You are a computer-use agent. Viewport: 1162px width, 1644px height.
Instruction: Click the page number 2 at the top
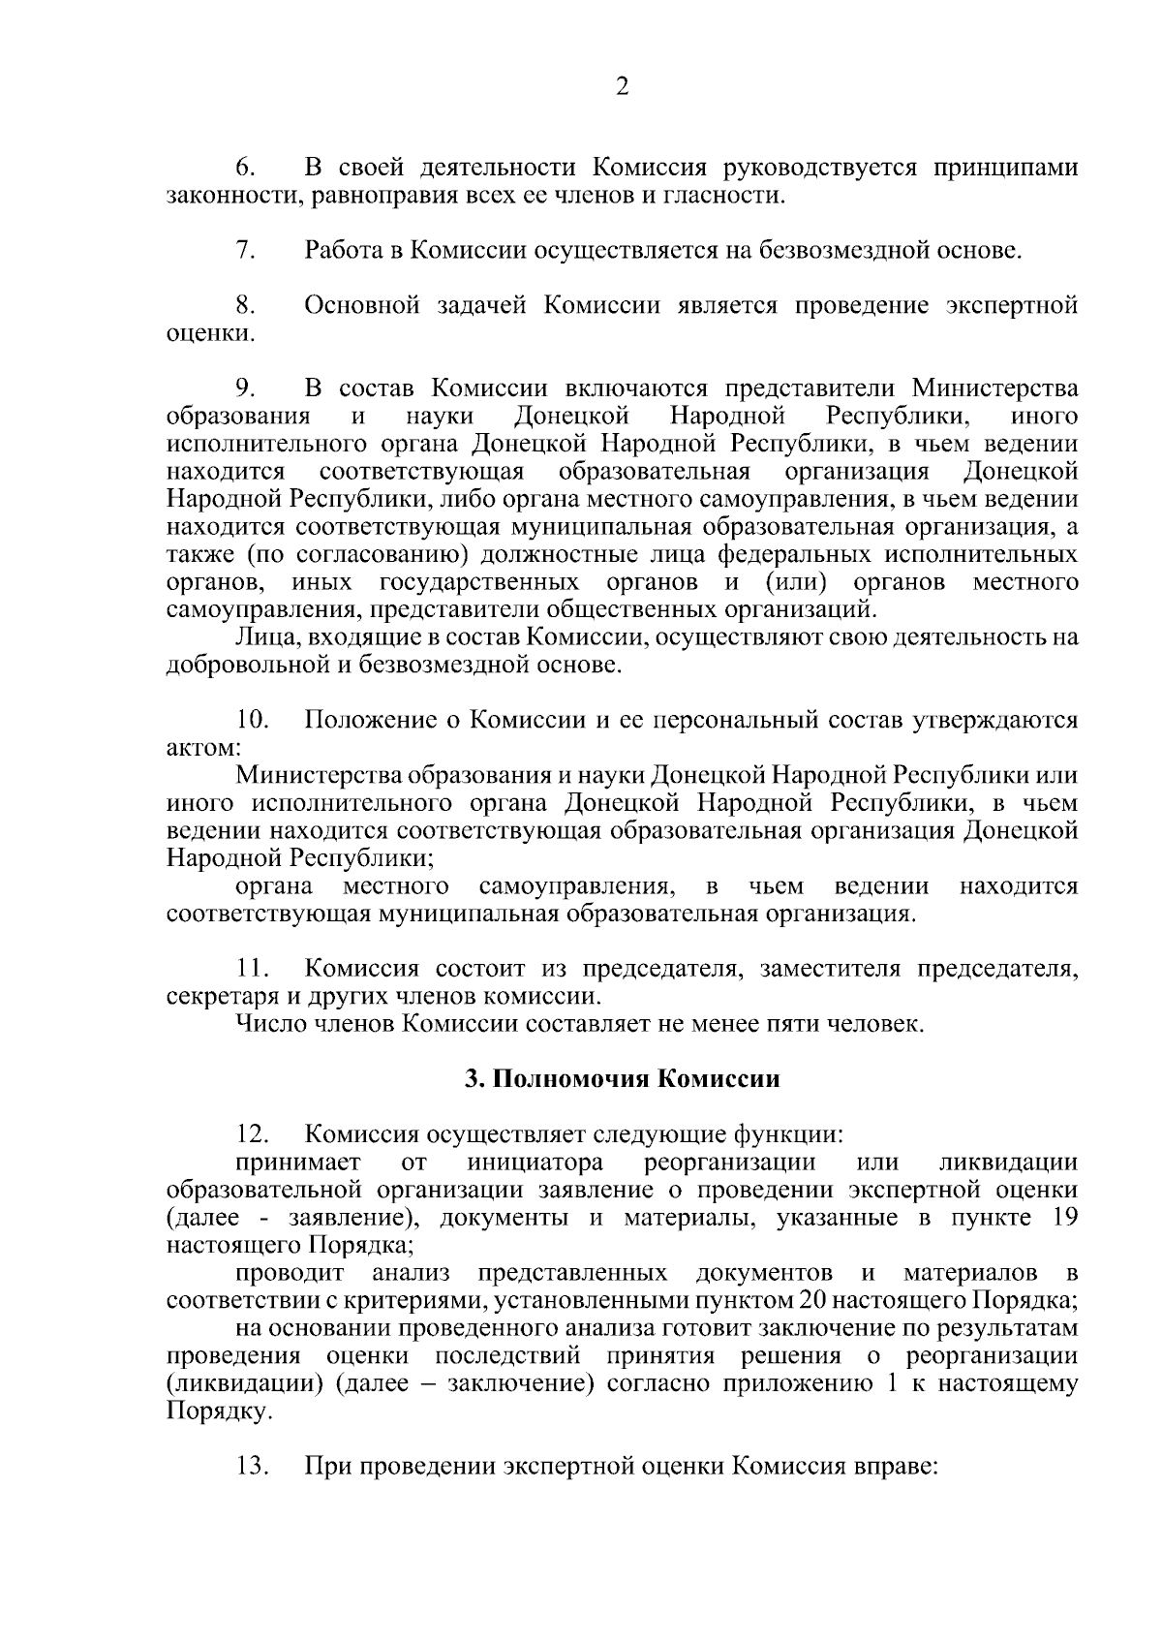click(x=623, y=87)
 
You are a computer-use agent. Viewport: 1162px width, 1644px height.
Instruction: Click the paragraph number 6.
click(x=244, y=169)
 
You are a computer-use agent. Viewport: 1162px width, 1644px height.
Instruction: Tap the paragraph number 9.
click(x=244, y=389)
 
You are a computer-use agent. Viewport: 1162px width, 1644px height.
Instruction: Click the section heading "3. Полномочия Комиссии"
click(x=623, y=1079)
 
